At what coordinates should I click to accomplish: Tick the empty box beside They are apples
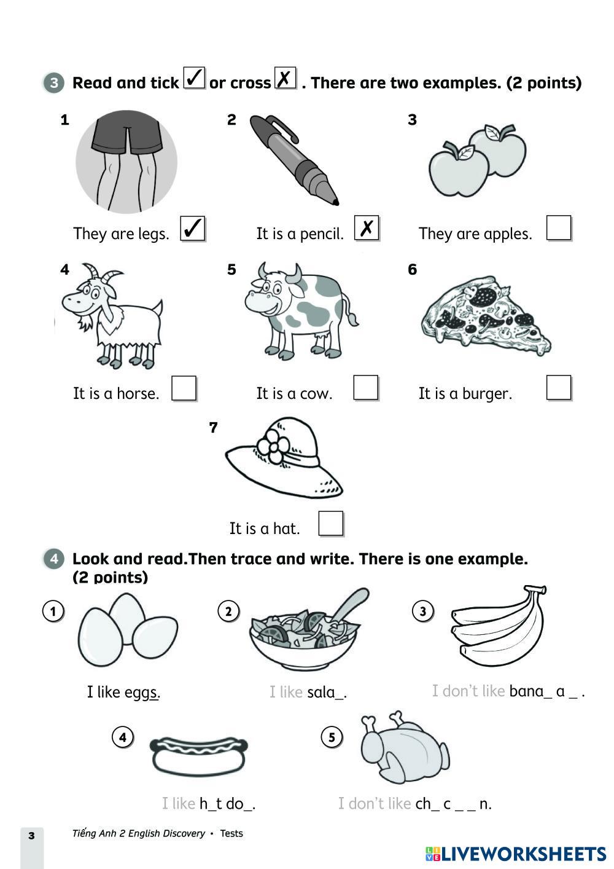[559, 228]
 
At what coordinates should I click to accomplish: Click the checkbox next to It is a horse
[184, 388]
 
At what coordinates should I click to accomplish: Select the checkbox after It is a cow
[365, 388]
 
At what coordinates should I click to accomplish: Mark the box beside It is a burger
[559, 388]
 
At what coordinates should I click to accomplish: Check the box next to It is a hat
[331, 524]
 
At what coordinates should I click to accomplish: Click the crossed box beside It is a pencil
[367, 228]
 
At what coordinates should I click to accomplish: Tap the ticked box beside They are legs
[192, 228]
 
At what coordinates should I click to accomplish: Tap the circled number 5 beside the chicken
[332, 737]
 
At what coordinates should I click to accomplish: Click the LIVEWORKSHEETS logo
[516, 854]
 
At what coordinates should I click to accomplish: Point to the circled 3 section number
[54, 82]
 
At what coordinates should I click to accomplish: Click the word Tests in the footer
[231, 833]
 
